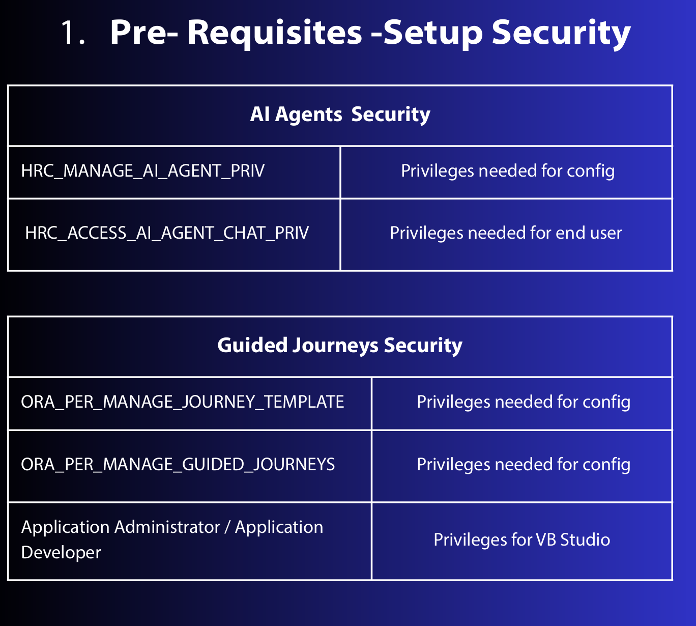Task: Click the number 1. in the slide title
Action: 72,34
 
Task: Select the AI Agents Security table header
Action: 340,115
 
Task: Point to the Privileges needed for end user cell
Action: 506,233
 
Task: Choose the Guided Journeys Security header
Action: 340,346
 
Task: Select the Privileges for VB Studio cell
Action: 521,540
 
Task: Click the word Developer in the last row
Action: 61,553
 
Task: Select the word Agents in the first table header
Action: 309,115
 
